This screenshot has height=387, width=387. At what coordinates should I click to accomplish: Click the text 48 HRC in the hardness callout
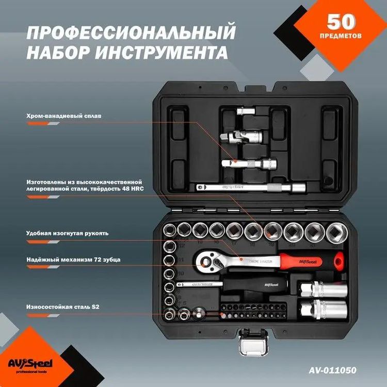[x=132, y=189]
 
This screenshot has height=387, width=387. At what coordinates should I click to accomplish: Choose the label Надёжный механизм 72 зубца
[x=73, y=260]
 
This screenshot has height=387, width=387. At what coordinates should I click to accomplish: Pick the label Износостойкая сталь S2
[x=62, y=307]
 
